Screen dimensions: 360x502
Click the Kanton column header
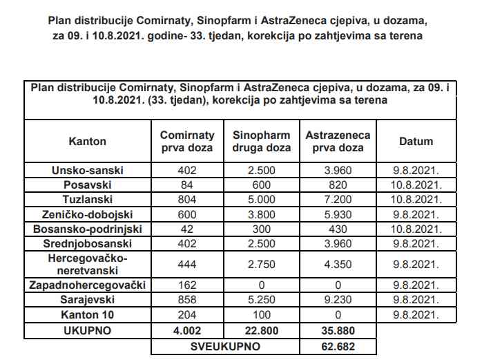(88, 142)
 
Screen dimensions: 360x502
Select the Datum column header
(416, 142)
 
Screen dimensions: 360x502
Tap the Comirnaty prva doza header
(187, 142)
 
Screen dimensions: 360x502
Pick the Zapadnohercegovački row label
(88, 285)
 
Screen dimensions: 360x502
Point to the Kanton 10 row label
(88, 315)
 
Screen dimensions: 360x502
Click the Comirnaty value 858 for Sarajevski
(187, 300)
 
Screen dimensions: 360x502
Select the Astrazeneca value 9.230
(338, 300)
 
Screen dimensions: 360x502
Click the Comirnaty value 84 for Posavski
(187, 185)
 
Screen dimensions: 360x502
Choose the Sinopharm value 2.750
(262, 265)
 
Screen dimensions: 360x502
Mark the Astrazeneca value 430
(338, 229)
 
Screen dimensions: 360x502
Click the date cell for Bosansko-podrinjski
(416, 229)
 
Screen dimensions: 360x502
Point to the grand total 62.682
(338, 346)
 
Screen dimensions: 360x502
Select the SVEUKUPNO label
(225, 346)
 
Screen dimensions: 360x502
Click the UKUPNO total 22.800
(262, 331)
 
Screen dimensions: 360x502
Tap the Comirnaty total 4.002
(187, 331)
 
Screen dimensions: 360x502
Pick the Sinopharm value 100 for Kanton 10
(262, 315)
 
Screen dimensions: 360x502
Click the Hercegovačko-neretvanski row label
(88, 265)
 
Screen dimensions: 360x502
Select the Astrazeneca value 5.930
(338, 214)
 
